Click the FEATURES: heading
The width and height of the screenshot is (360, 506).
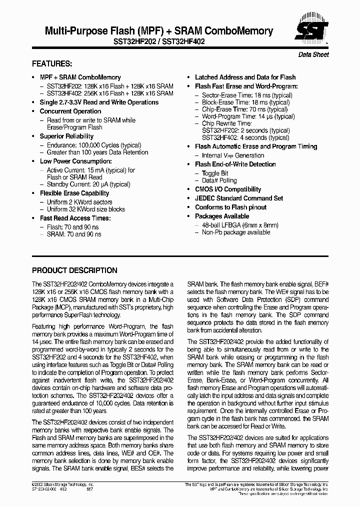point(52,64)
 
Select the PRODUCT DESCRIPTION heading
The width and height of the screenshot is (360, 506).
point(74,270)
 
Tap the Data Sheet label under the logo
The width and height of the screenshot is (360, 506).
point(313,54)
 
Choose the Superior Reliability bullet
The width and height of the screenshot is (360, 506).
point(66,136)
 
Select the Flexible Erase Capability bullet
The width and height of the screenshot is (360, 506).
point(74,193)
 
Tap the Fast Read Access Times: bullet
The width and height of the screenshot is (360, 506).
point(75,218)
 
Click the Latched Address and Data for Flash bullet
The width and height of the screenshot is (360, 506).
point(245,77)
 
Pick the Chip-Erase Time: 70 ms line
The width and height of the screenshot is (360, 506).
point(244,109)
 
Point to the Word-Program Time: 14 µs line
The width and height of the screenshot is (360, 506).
point(248,116)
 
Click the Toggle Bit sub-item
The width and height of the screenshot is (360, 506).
point(214,173)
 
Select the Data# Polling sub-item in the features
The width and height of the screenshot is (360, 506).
point(219,180)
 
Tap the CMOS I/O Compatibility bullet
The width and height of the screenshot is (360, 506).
point(227,189)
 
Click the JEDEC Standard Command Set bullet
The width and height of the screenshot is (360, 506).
point(238,198)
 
